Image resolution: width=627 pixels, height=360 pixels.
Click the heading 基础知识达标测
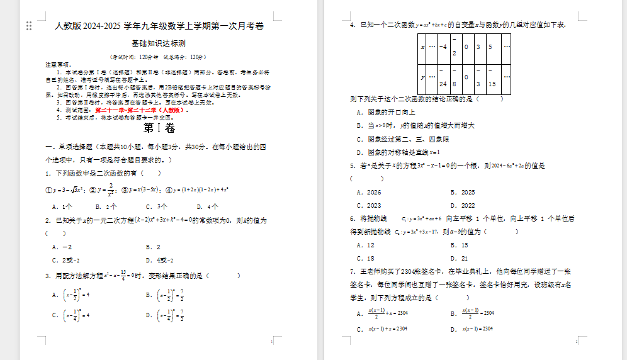click(158, 43)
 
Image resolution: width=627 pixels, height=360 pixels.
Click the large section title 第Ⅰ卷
click(159, 128)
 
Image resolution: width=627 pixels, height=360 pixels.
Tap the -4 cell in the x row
click(443, 47)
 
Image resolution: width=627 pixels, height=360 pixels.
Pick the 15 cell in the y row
click(491, 83)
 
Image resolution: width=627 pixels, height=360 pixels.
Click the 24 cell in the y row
click(443, 83)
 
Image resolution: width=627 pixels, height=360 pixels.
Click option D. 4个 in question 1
click(207, 206)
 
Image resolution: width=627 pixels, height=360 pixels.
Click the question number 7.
click(353, 271)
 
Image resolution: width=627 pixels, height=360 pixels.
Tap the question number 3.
click(48, 276)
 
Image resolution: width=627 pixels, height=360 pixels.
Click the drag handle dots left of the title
click(29, 26)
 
